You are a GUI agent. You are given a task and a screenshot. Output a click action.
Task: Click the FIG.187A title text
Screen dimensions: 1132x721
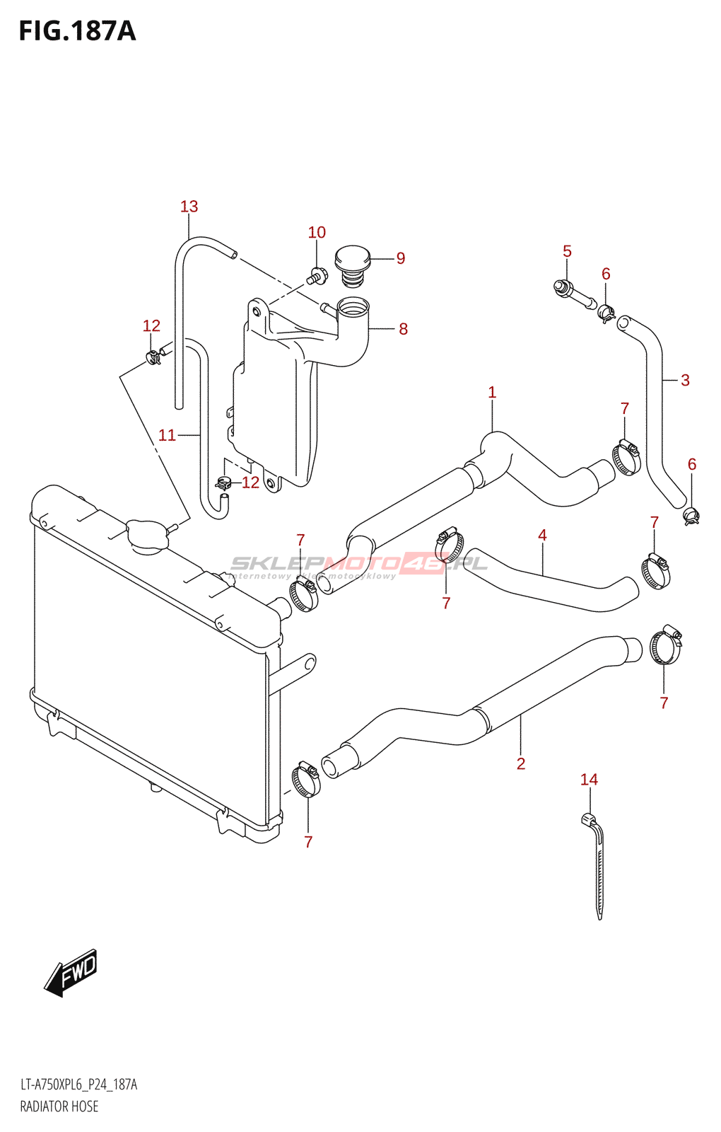click(x=77, y=32)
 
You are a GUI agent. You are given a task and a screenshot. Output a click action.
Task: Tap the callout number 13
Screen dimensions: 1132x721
click(x=189, y=207)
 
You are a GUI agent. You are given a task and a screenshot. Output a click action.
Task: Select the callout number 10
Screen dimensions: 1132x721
click(x=317, y=232)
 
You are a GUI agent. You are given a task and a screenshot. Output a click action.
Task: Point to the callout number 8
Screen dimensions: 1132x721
click(x=403, y=329)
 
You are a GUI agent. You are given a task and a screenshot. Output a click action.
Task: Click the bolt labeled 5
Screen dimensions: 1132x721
click(x=573, y=294)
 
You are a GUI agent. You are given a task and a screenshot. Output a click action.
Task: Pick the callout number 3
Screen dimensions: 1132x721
click(x=685, y=380)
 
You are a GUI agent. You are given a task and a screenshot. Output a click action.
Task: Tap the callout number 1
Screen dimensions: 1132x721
click(x=492, y=392)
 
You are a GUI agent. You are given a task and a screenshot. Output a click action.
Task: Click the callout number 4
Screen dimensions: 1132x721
click(x=542, y=536)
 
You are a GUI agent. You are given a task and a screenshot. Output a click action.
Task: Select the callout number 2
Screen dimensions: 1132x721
click(x=521, y=763)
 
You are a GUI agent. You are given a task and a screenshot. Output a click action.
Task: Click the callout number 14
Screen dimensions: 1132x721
click(x=589, y=780)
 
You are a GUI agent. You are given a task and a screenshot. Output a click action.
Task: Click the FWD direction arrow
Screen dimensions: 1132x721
click(x=71, y=972)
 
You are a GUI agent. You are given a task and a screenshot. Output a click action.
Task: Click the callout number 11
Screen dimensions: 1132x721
click(x=167, y=435)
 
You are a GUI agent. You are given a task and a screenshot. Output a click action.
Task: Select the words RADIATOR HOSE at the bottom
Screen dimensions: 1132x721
click(x=59, y=1107)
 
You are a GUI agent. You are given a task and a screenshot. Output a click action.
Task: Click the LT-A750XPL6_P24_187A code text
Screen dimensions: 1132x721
click(x=79, y=1085)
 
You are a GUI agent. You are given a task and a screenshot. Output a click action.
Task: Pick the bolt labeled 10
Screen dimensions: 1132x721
click(x=317, y=276)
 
